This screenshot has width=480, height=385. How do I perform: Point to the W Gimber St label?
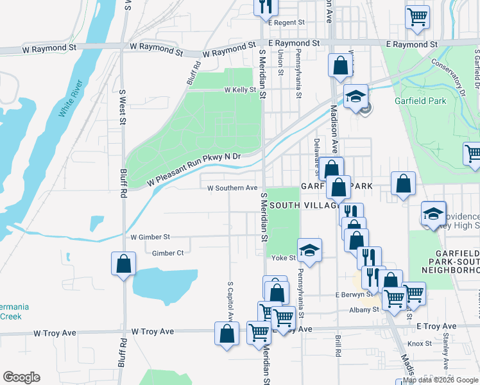[x=150, y=237]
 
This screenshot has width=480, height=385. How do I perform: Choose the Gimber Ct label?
[x=167, y=253]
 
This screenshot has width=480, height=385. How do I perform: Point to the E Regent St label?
[x=286, y=22]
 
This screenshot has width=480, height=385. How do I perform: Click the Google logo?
[x=21, y=377]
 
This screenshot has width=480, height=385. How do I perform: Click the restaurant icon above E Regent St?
[x=264, y=6]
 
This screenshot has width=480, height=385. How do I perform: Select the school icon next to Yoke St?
[x=309, y=250]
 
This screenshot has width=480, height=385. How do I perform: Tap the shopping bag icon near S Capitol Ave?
[x=226, y=334]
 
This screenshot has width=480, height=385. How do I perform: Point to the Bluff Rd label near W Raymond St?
[x=194, y=73]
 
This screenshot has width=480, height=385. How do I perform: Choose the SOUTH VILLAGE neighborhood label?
[x=304, y=205]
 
